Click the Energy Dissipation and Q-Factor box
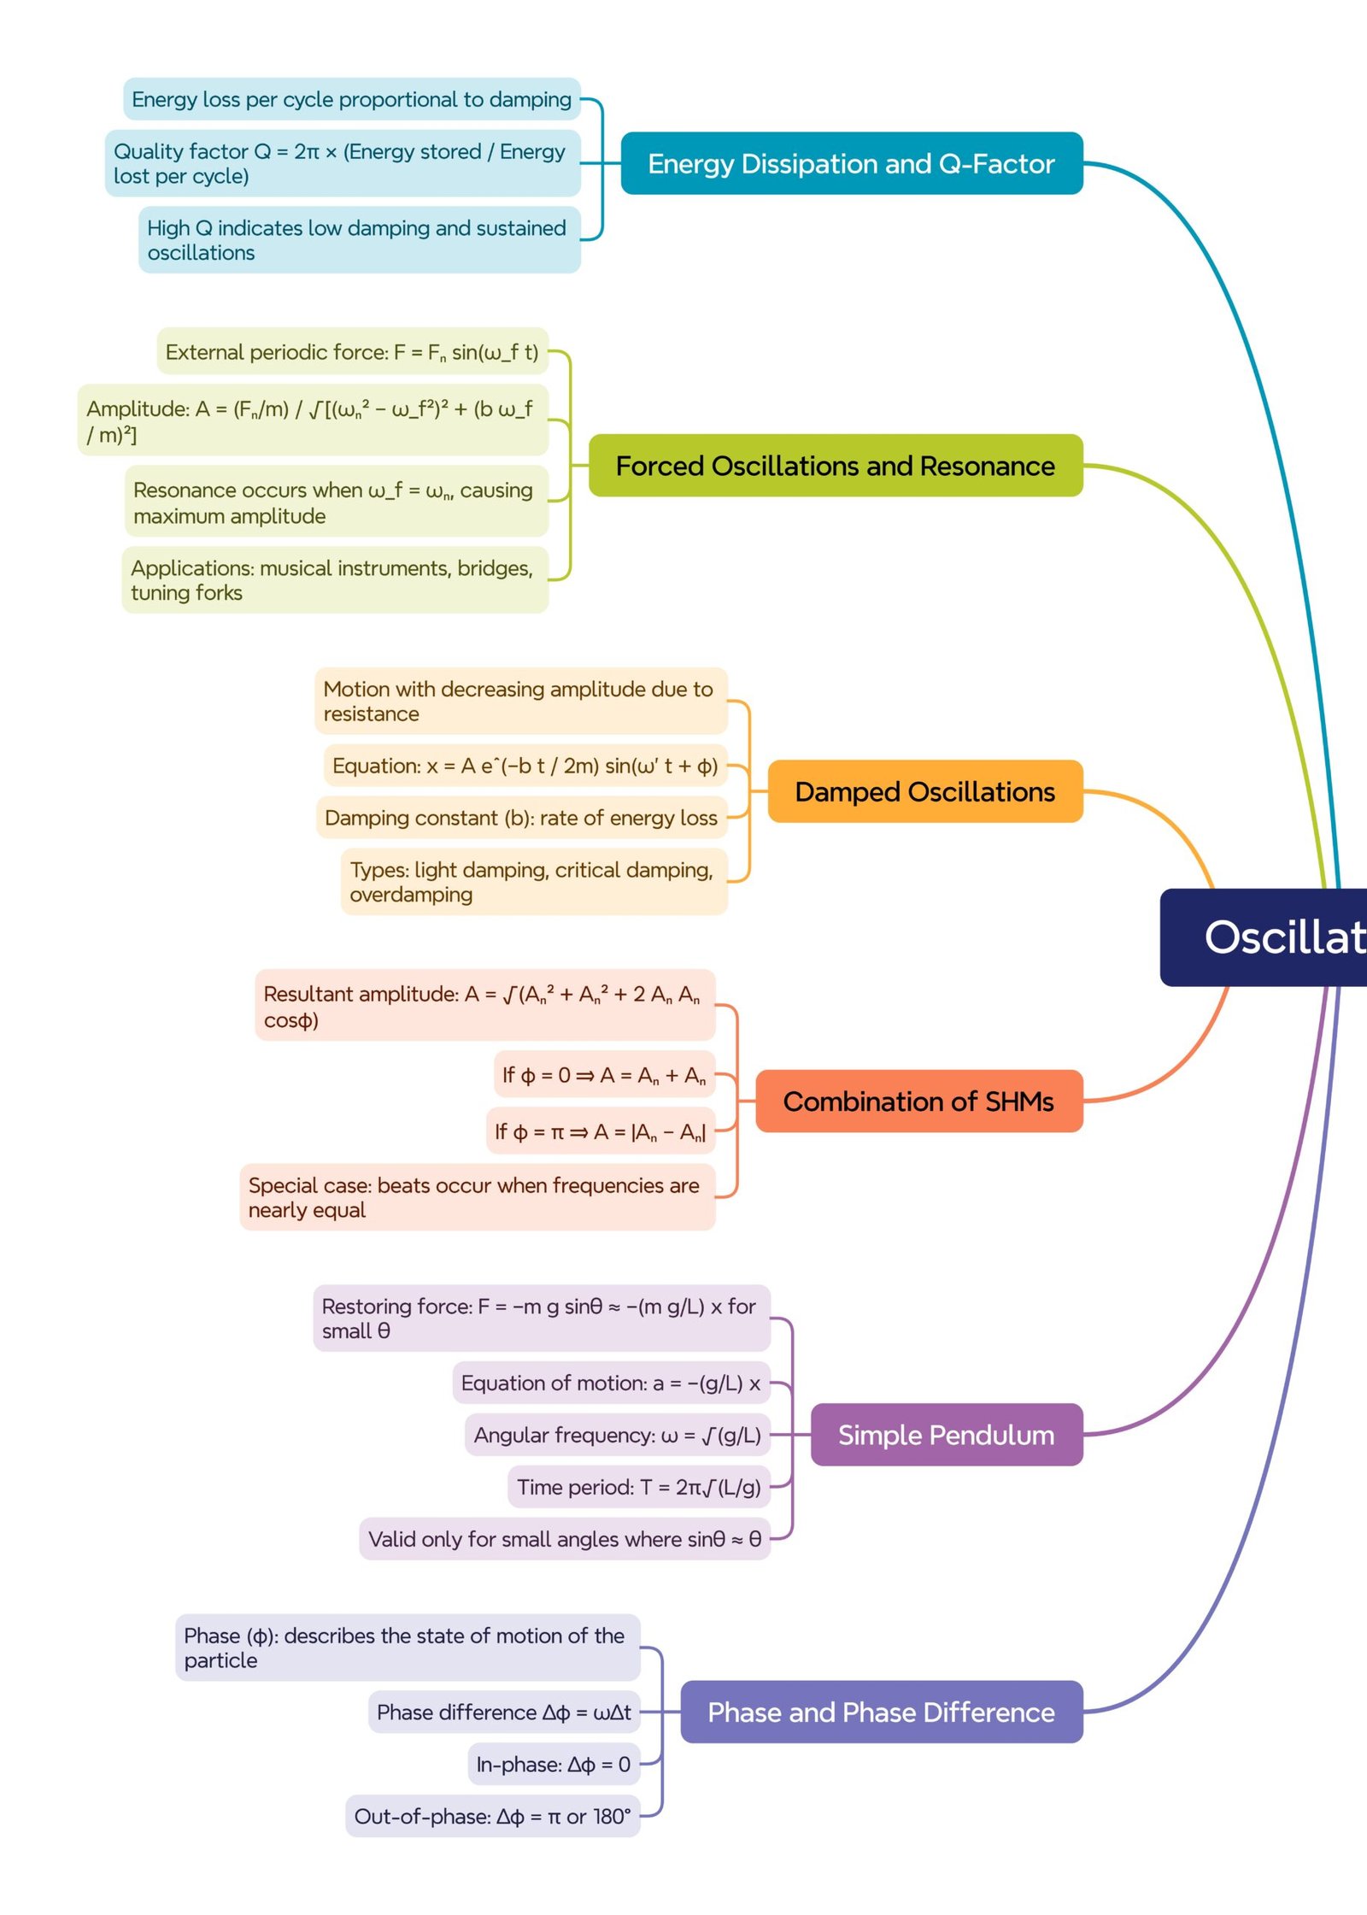pyautogui.click(x=851, y=163)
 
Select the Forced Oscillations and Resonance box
pyautogui.click(x=835, y=466)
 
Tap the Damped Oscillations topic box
pyautogui.click(x=924, y=791)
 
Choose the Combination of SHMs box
pyautogui.click(x=918, y=1101)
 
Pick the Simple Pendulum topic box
pyautogui.click(x=946, y=1435)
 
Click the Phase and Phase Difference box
pyautogui.click(x=881, y=1712)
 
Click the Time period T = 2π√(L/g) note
pyautogui.click(x=638, y=1487)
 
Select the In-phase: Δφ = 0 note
pyautogui.click(x=553, y=1764)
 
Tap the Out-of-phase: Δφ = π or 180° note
pyautogui.click(x=492, y=1816)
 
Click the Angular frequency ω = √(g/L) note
pyautogui.click(x=617, y=1435)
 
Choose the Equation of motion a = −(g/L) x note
pyautogui.click(x=610, y=1383)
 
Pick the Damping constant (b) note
pyautogui.click(x=520, y=818)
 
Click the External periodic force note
pyautogui.click(x=352, y=352)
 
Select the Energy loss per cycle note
pyautogui.click(x=351, y=99)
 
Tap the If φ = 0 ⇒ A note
pyautogui.click(x=603, y=1075)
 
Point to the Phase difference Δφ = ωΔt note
pyautogui.click(x=503, y=1712)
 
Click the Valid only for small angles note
pyautogui.click(x=564, y=1539)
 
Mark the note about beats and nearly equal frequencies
pyautogui.click(x=476, y=1196)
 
